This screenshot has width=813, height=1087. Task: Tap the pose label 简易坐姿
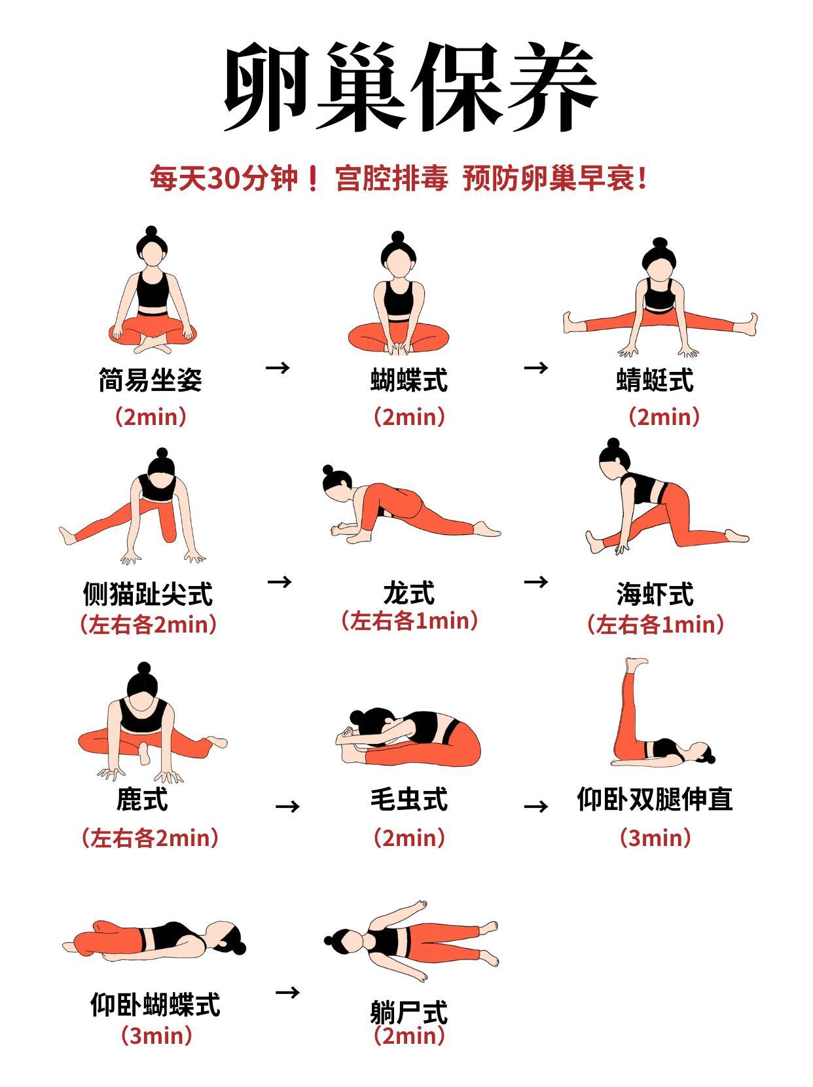(151, 380)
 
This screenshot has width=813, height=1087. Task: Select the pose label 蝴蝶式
(409, 380)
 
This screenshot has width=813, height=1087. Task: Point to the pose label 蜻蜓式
(655, 380)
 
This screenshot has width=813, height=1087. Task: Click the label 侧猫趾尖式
(147, 594)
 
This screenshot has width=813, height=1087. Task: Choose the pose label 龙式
(409, 593)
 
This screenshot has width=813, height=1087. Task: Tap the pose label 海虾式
(655, 594)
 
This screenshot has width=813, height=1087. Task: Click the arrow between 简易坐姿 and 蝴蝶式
(278, 367)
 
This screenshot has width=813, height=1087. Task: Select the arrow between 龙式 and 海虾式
(536, 581)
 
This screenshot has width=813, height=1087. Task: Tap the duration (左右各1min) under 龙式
(409, 621)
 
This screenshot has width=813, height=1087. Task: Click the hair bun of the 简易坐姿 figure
(151, 231)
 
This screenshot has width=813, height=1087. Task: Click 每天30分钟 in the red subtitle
(224, 178)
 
